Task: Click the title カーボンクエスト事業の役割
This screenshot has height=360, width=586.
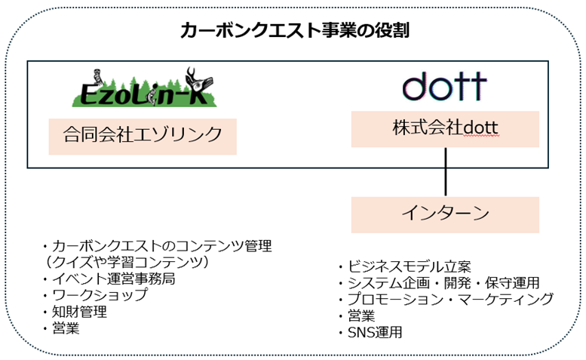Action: (x=295, y=30)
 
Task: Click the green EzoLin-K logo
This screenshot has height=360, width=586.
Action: (x=143, y=89)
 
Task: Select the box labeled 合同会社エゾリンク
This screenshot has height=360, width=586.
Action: (x=143, y=135)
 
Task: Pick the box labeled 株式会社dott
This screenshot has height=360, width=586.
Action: (x=445, y=128)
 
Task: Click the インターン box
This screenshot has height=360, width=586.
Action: (x=445, y=214)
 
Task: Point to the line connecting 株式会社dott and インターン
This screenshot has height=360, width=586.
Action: (x=446, y=171)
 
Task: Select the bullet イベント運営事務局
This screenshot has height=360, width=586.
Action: (x=109, y=278)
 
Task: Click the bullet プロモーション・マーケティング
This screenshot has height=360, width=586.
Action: (x=446, y=299)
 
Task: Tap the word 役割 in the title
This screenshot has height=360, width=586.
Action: (x=392, y=30)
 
